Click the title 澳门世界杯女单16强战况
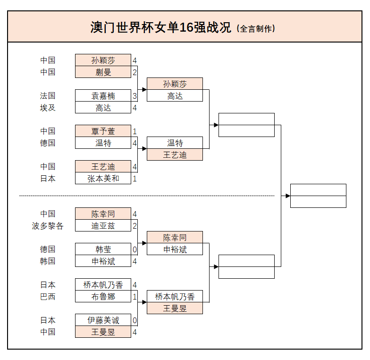(160, 27)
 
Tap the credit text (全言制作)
(256, 28)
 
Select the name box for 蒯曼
(103, 72)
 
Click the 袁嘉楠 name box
(103, 95)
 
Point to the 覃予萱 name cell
(103, 131)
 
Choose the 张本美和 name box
(103, 178)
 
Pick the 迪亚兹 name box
(103, 225)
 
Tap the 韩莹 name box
(103, 249)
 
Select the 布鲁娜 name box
(103, 296)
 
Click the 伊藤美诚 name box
(103, 320)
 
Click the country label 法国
(48, 95)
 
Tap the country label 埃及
(48, 107)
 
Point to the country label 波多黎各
(48, 225)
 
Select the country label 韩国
(48, 261)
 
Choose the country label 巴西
(48, 296)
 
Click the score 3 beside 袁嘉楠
(135, 96)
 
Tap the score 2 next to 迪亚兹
(135, 226)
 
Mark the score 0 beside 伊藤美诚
(135, 320)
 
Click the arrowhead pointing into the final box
(287, 196)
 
